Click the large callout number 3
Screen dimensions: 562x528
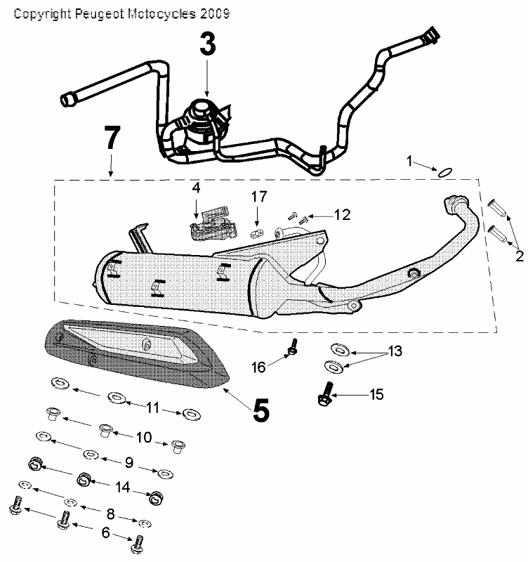coord(207,44)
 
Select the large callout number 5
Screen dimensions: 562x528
coord(260,411)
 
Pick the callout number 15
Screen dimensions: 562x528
coord(376,395)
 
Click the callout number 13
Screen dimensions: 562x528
coord(396,351)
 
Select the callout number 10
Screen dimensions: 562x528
coord(143,438)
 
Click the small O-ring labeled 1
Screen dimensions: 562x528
coord(444,171)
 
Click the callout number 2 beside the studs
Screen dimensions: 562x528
coord(519,256)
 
